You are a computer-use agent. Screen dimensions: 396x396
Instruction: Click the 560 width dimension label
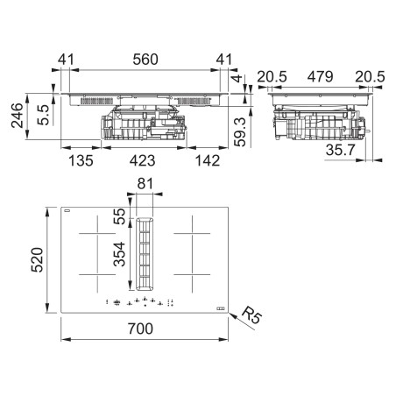tap(145, 60)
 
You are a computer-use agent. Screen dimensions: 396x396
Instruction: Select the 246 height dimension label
tap(17, 116)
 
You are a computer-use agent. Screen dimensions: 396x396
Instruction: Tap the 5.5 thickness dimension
tap(44, 115)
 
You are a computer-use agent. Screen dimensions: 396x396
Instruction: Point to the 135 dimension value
tap(81, 161)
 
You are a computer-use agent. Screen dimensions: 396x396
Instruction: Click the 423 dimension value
tap(143, 161)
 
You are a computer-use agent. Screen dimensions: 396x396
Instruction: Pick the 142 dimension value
tap(208, 161)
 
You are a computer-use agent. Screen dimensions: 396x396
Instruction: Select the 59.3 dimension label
tap(240, 132)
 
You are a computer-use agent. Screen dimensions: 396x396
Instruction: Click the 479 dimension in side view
tap(320, 77)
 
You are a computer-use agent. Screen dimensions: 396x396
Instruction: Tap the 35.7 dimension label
tap(340, 150)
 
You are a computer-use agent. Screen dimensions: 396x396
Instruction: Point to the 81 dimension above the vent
tap(145, 184)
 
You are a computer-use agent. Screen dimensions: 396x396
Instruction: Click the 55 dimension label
tap(119, 216)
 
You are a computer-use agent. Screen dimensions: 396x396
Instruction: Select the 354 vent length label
tap(119, 254)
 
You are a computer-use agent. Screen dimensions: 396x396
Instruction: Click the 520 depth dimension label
tap(37, 260)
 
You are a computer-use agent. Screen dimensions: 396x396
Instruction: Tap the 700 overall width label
tap(140, 329)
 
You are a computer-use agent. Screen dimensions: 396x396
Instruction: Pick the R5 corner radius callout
tap(251, 315)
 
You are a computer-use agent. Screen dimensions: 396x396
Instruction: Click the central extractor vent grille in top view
tap(145, 254)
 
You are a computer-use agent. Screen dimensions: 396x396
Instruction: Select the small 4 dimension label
tap(237, 78)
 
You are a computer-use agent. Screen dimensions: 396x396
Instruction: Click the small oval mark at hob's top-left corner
tap(67, 210)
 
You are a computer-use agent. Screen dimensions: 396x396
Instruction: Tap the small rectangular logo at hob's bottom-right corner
tap(221, 309)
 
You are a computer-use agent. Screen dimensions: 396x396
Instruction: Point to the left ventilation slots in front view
tap(96, 102)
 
